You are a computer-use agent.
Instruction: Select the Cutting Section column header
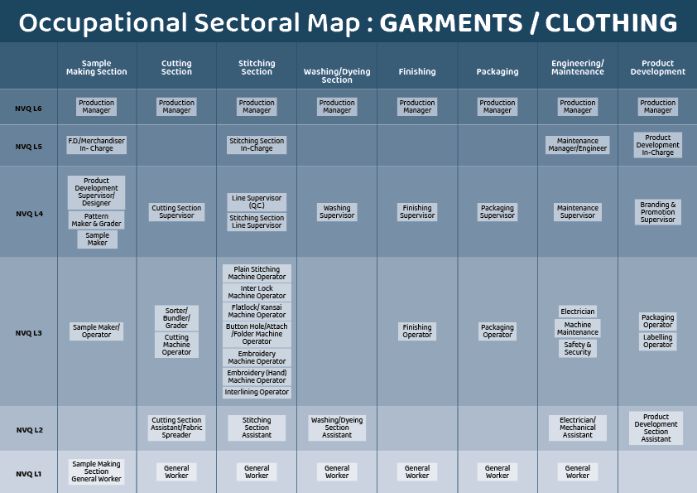point(176,67)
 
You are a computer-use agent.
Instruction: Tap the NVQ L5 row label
point(28,146)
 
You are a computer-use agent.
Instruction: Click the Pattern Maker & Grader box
point(97,220)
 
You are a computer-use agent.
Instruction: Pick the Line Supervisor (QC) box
point(257,201)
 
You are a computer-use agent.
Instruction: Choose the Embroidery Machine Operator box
point(257,357)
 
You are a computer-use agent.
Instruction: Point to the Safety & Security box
point(578,348)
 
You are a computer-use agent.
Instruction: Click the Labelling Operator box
point(658,341)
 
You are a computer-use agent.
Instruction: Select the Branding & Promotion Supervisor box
point(658,212)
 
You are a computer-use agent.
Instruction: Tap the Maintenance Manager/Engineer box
point(578,145)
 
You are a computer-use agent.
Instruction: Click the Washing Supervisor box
point(337,212)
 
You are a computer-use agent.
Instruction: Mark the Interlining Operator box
point(257,392)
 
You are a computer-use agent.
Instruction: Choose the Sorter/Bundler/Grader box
point(176,318)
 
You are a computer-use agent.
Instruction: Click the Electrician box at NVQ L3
point(578,312)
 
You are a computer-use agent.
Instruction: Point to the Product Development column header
point(658,67)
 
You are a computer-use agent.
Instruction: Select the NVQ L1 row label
point(28,474)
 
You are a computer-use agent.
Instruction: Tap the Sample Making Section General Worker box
point(97,471)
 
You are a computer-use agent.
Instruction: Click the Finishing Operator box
point(417,331)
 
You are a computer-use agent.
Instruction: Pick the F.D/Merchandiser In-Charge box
point(97,145)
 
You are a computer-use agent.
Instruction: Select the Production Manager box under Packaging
point(498,106)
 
